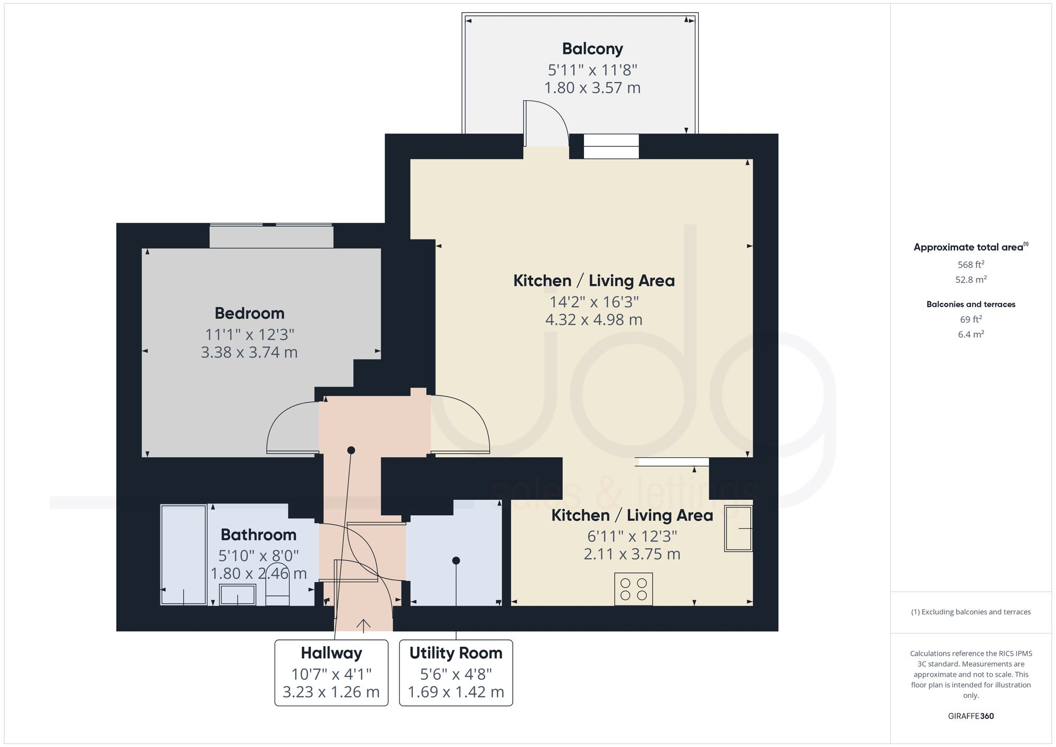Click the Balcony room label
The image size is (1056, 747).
point(592,49)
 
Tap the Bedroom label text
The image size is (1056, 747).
point(249,313)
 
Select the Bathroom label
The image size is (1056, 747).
point(258,535)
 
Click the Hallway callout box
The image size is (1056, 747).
point(331,673)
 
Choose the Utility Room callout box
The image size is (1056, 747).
point(456,673)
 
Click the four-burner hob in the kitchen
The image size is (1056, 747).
point(634,589)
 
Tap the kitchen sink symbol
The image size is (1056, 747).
point(738,528)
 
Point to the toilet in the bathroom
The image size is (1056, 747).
point(277,585)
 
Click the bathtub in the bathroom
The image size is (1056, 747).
point(183,555)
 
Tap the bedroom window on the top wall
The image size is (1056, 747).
point(271,235)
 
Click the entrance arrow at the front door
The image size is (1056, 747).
point(363,625)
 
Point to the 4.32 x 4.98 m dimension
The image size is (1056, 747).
point(593,320)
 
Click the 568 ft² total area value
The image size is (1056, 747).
point(970,264)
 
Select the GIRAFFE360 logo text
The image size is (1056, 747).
point(970,716)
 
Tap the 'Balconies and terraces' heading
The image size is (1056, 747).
point(970,304)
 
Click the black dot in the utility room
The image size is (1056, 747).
point(456,561)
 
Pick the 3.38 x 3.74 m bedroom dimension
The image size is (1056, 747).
point(249,353)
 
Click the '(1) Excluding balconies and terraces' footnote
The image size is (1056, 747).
point(970,612)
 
